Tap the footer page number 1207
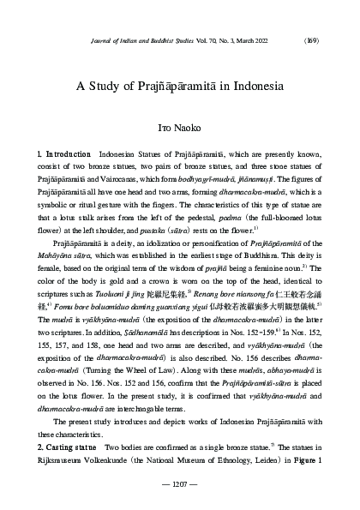click(180, 485)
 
